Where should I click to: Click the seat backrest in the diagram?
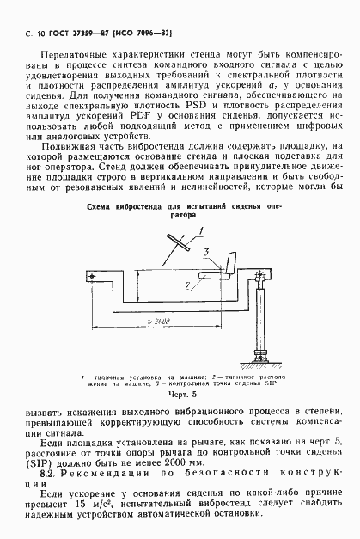[231, 260]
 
